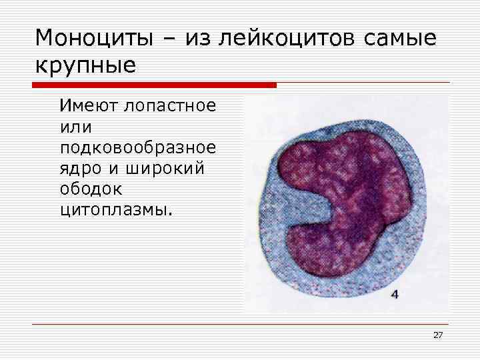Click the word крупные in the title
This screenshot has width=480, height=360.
click(85, 66)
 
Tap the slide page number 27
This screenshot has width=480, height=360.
click(438, 335)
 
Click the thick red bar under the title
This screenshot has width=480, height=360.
click(153, 85)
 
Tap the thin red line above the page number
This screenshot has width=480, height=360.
click(240, 324)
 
